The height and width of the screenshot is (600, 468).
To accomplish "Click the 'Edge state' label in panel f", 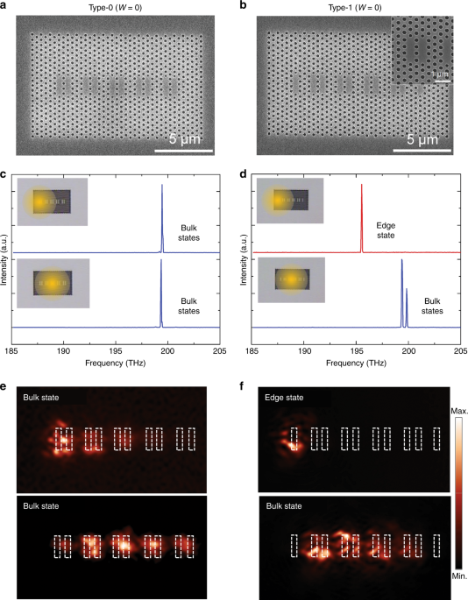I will click(286, 399).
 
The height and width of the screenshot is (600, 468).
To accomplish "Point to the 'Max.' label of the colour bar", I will click(459, 410).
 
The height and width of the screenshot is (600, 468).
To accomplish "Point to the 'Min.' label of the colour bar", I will click(459, 580).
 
